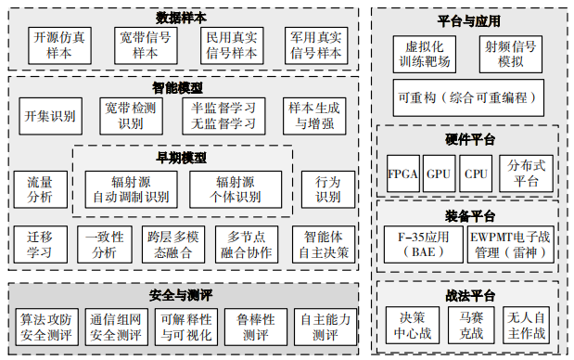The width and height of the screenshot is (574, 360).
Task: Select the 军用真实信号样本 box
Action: click(315, 45)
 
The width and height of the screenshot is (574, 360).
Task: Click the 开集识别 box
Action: click(51, 116)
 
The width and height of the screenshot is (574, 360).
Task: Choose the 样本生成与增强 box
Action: click(315, 116)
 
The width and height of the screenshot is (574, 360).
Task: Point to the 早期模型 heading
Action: click(182, 158)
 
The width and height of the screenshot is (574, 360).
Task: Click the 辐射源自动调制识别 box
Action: click(132, 189)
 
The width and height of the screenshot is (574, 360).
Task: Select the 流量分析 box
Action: click(41, 189)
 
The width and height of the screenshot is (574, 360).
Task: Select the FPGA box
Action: click(402, 174)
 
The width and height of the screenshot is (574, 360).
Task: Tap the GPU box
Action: click(439, 174)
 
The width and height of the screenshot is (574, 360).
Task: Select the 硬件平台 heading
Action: click(470, 139)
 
